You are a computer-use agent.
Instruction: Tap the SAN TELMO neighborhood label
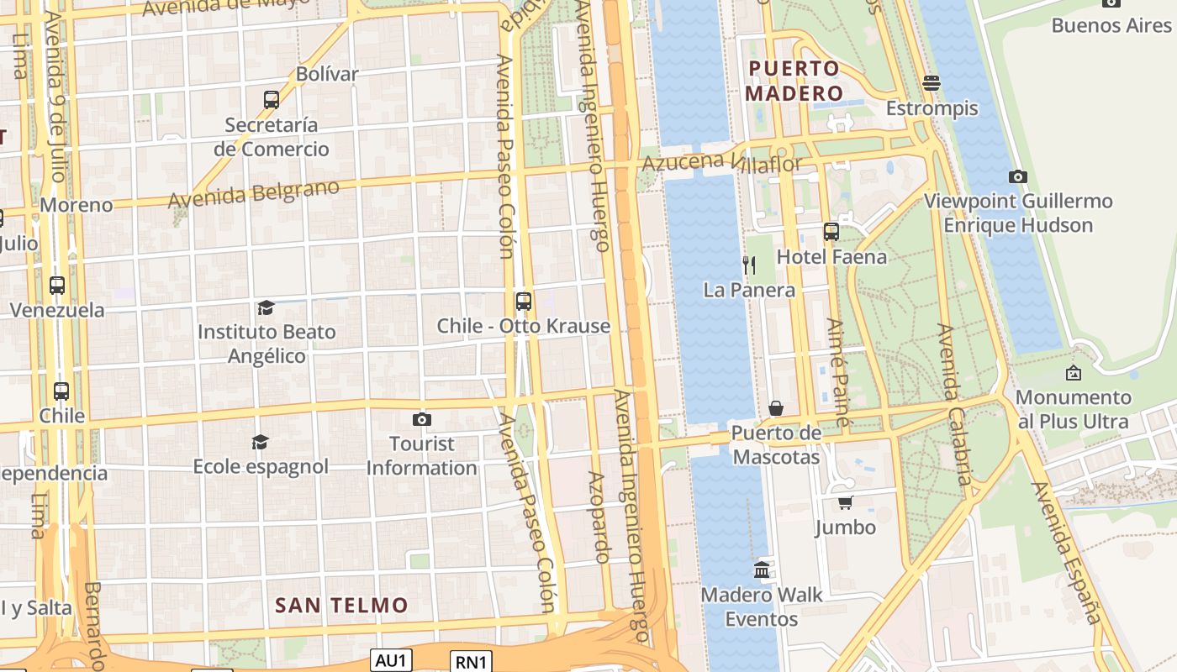pyautogui.click(x=341, y=605)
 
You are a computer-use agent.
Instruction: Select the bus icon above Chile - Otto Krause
pyautogui.click(x=524, y=301)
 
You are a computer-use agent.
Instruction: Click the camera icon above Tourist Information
pyautogui.click(x=422, y=419)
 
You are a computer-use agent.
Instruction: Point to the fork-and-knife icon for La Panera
pyautogui.click(x=749, y=265)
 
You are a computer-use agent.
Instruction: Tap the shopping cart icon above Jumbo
pyautogui.click(x=845, y=502)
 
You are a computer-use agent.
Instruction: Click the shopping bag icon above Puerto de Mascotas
pyautogui.click(x=776, y=408)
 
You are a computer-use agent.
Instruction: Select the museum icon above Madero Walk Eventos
pyautogui.click(x=762, y=570)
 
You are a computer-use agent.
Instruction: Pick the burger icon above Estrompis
pyautogui.click(x=931, y=82)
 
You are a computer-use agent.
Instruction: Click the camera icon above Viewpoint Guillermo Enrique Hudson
pyautogui.click(x=1017, y=176)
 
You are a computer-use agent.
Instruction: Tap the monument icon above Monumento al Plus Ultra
pyautogui.click(x=1073, y=373)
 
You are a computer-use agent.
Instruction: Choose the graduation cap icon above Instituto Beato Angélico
pyautogui.click(x=266, y=307)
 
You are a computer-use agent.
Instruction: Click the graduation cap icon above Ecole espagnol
pyautogui.click(x=260, y=442)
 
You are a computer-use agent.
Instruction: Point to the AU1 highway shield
pyautogui.click(x=392, y=660)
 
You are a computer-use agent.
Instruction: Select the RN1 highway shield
pyautogui.click(x=470, y=662)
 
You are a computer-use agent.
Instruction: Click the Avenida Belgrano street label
pyautogui.click(x=254, y=193)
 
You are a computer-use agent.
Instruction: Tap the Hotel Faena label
pyautogui.click(x=831, y=256)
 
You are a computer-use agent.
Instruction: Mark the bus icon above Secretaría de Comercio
pyautogui.click(x=271, y=100)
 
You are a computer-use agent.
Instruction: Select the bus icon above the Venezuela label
pyautogui.click(x=57, y=286)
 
